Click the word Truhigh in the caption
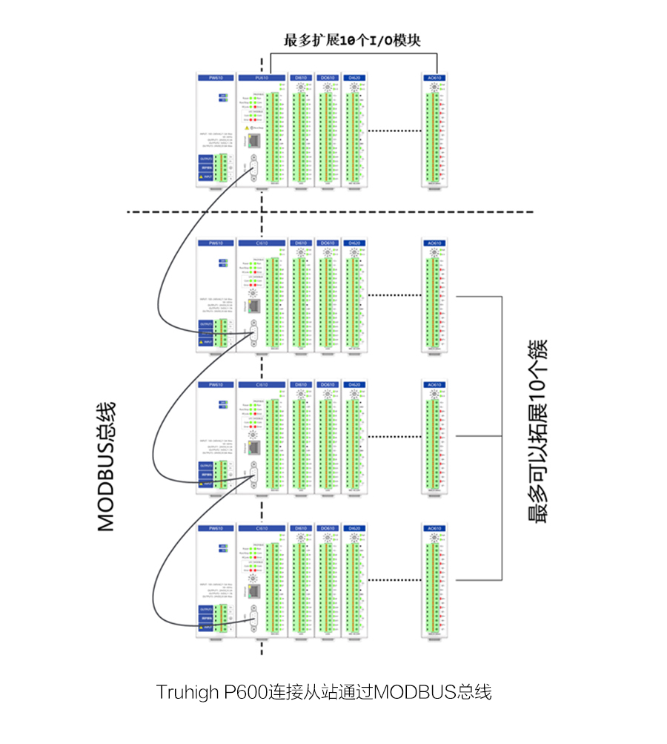point(186,692)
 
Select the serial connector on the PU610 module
point(253,168)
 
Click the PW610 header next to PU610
point(216,77)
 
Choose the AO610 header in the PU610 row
point(434,77)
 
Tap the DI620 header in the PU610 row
point(354,77)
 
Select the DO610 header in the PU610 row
point(327,77)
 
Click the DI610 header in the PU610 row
point(300,77)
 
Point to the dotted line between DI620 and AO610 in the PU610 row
point(392,131)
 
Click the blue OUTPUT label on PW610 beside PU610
point(206,159)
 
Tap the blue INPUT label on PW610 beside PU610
point(206,177)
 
